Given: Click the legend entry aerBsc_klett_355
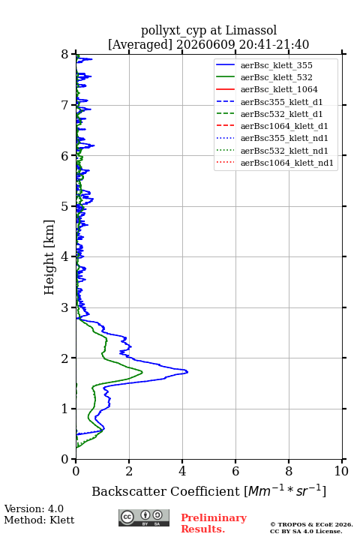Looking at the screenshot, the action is tap(276, 65).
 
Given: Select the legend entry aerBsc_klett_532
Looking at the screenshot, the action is tap(276, 77).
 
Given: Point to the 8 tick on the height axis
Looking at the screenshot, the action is tap(73, 55).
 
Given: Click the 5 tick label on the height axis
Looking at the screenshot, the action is tap(64, 207).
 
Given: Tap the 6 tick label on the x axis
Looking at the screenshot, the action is tap(235, 471).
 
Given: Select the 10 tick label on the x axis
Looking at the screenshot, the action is tap(341, 471).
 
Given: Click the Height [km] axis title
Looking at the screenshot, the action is tap(49, 257).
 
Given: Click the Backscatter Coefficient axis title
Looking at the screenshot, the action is tap(208, 491).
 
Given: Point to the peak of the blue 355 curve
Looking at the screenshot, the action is tap(187, 371).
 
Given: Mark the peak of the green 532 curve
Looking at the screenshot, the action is tap(142, 372).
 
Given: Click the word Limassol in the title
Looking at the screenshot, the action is tap(250, 30).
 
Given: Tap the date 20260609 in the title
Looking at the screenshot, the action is tap(205, 44).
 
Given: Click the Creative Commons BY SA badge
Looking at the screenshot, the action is tap(144, 517).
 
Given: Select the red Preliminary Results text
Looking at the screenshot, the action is tap(214, 523).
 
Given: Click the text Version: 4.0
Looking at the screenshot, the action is tap(34, 508).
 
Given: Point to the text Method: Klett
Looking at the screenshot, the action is tap(39, 520).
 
